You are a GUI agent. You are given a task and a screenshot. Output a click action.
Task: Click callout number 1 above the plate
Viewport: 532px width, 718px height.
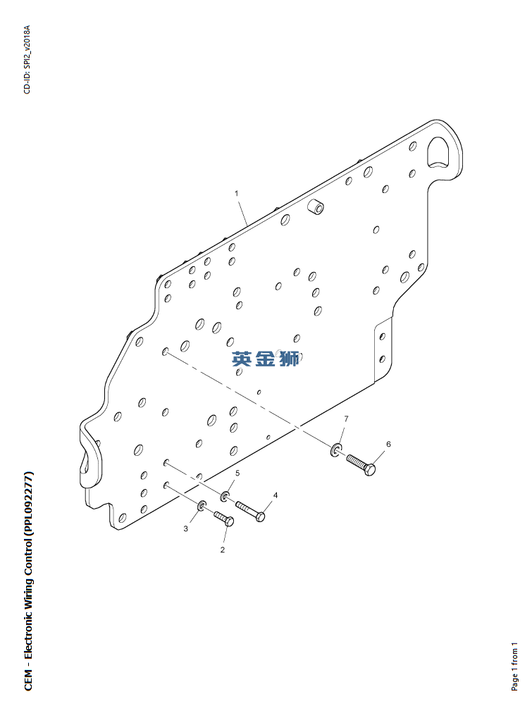pyautogui.click(x=237, y=192)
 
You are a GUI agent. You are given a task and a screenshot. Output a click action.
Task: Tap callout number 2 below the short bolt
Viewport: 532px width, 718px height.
pyautogui.click(x=223, y=550)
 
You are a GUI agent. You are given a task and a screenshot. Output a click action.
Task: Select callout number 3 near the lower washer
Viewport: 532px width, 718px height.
pyautogui.click(x=186, y=528)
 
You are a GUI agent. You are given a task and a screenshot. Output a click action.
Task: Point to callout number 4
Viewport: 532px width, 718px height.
pyautogui.click(x=276, y=495)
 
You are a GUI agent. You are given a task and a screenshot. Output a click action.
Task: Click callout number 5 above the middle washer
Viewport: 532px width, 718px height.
pyautogui.click(x=237, y=472)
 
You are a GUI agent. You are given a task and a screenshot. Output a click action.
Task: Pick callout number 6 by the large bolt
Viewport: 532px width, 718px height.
pyautogui.click(x=388, y=444)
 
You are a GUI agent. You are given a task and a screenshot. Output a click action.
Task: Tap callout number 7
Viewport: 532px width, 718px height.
pyautogui.click(x=346, y=419)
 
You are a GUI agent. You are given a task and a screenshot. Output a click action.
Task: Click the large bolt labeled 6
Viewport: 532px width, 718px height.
pyautogui.click(x=361, y=465)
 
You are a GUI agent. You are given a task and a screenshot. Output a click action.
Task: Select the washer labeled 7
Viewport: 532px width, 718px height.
pyautogui.click(x=335, y=450)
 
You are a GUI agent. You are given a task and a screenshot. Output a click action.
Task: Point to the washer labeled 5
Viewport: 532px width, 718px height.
pyautogui.click(x=225, y=496)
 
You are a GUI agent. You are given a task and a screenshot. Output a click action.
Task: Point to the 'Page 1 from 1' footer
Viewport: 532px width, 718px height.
pyautogui.click(x=515, y=666)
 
